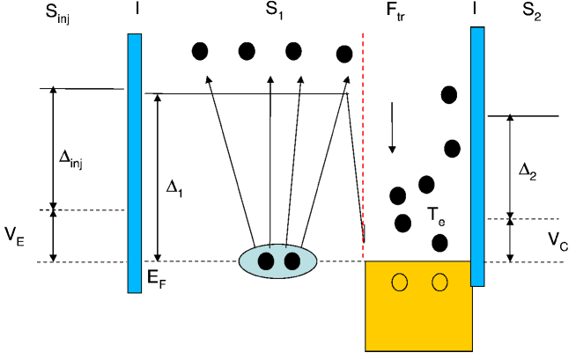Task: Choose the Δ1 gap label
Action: (175, 187)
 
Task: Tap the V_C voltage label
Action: (558, 239)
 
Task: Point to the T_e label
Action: (435, 214)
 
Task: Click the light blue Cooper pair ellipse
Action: (277, 261)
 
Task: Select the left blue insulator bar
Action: (134, 163)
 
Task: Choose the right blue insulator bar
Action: (477, 156)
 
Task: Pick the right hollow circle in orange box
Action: (439, 282)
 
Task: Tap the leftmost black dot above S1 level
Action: (201, 51)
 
